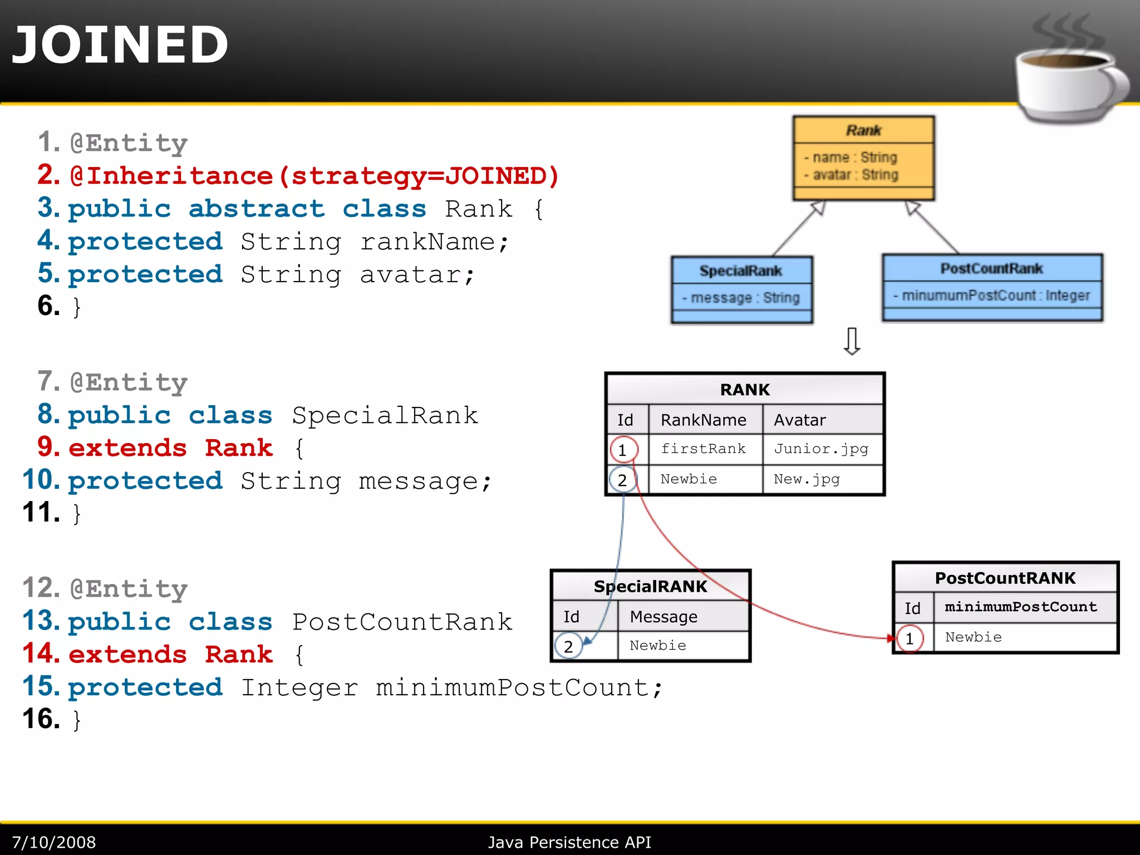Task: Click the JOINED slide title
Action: coord(120,45)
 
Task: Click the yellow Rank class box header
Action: coord(863,130)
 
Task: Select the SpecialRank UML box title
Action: coord(741,271)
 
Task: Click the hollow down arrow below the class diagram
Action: coord(852,341)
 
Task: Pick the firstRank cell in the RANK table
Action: coord(703,449)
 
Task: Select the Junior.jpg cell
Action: coord(821,449)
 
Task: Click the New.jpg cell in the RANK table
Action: coord(807,479)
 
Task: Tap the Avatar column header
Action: coord(800,420)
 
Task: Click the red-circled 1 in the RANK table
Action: coord(623,450)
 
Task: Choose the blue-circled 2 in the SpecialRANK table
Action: coord(568,646)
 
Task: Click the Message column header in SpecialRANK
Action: coord(664,617)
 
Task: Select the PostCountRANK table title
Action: coord(1005,578)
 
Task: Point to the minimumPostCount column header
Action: coord(1021,607)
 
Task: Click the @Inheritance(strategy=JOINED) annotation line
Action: coord(315,176)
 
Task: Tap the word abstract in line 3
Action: coord(257,209)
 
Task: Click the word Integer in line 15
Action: coord(299,687)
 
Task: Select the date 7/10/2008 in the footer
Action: coord(54,842)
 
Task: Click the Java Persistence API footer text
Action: coord(569,842)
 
